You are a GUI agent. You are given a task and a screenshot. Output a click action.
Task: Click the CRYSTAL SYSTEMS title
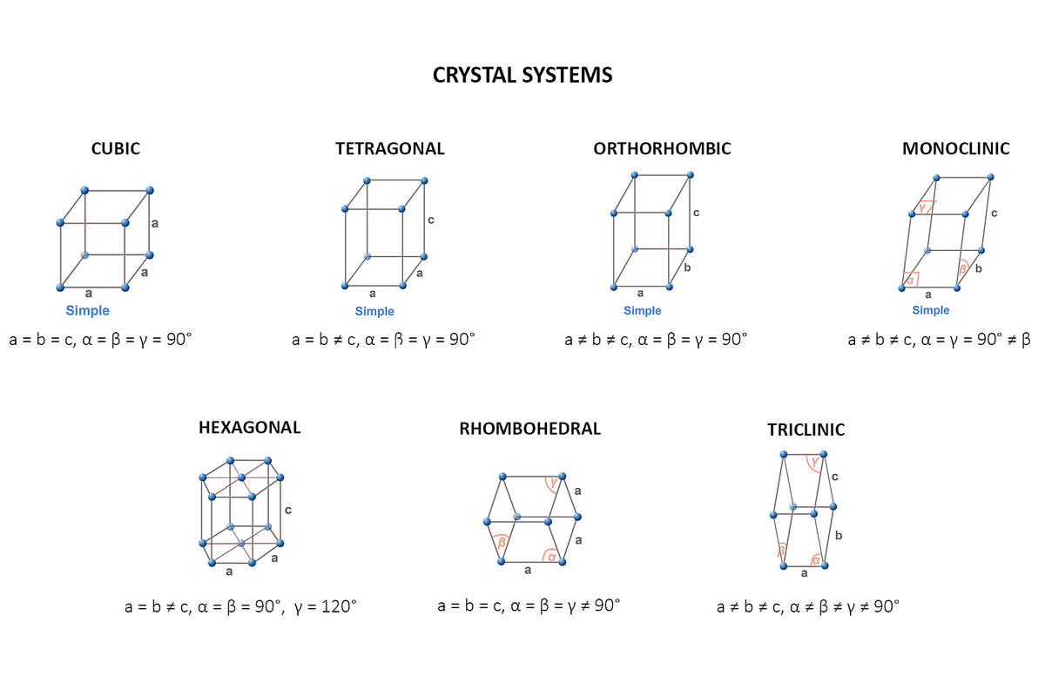click(x=522, y=75)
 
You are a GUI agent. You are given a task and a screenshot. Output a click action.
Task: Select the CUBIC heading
click(x=115, y=149)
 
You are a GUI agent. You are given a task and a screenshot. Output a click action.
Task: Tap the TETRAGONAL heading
click(x=389, y=149)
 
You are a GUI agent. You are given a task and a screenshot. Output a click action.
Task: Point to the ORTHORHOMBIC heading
click(x=662, y=149)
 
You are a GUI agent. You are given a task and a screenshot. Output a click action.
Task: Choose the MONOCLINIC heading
click(x=955, y=149)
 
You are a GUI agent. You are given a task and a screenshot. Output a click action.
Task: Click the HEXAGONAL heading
click(x=249, y=428)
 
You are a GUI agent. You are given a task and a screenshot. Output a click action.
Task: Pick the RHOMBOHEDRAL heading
click(x=529, y=429)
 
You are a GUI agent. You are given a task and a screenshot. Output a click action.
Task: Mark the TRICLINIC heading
click(x=806, y=430)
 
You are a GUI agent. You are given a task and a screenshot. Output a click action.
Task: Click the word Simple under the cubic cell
click(x=88, y=311)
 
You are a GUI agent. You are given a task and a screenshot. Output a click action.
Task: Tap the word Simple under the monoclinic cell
click(x=931, y=311)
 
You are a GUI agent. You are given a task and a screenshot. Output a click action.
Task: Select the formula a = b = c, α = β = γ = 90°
click(x=100, y=339)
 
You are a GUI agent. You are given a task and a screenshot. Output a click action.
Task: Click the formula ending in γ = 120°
click(x=240, y=606)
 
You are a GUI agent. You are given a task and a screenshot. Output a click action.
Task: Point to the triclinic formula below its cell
click(x=807, y=606)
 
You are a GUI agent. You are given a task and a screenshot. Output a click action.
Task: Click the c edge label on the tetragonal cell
click(x=430, y=220)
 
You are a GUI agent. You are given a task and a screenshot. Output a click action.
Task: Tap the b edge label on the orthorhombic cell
click(x=687, y=267)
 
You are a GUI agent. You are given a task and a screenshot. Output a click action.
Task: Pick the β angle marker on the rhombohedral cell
click(x=502, y=542)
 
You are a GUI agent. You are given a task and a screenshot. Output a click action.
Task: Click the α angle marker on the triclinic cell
click(x=816, y=559)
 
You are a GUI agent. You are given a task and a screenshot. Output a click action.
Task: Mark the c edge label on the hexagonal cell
click(x=287, y=510)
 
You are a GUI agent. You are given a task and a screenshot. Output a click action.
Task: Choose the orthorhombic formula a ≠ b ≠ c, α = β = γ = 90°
click(x=656, y=339)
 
